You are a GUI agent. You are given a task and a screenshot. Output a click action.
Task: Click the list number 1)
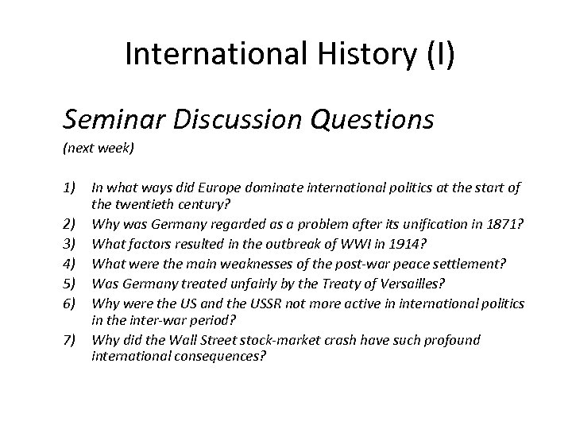point(72,187)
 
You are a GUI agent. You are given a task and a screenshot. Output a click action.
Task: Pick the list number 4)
point(72,245)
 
